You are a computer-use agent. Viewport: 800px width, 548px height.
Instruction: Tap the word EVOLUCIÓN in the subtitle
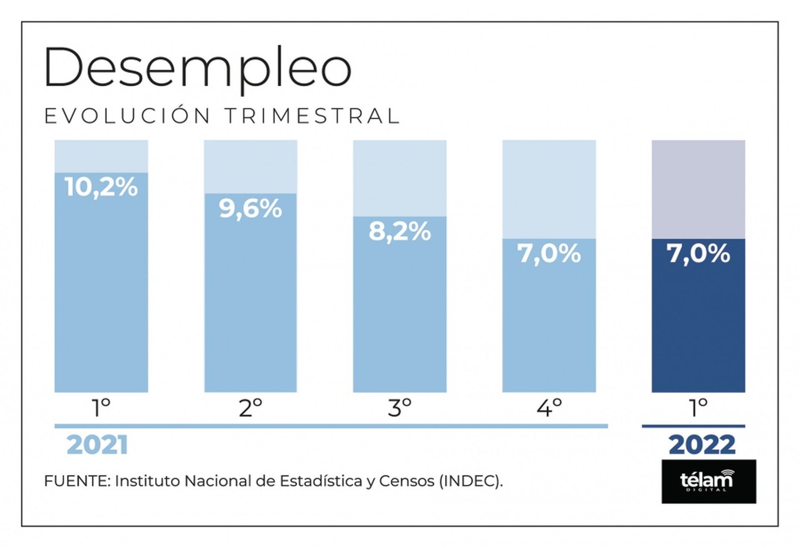tap(127, 116)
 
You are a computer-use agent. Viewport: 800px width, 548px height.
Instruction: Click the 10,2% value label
tap(101, 187)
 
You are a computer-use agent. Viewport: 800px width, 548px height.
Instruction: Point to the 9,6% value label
tap(250, 209)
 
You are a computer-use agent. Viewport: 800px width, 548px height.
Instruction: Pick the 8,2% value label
tap(400, 232)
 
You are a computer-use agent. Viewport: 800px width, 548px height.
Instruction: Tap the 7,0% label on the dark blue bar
tap(698, 253)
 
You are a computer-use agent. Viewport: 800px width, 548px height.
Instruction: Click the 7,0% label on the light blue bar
tap(549, 253)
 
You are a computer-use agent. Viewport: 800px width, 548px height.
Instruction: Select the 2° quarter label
tap(250, 408)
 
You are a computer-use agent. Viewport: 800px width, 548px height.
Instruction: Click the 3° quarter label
tap(400, 408)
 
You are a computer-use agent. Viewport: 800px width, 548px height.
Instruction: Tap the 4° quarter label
tap(549, 408)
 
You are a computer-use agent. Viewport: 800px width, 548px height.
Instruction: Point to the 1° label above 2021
tap(101, 408)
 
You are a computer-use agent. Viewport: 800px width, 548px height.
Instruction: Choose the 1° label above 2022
tap(698, 408)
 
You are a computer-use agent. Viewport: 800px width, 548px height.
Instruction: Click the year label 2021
tap(97, 445)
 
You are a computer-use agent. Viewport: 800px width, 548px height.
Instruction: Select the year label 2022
tap(702, 445)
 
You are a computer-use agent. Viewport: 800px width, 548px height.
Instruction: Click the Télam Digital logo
tap(708, 481)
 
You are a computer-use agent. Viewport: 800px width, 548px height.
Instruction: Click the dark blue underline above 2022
tap(693, 426)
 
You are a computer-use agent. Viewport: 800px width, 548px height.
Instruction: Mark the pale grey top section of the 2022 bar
tap(698, 189)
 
